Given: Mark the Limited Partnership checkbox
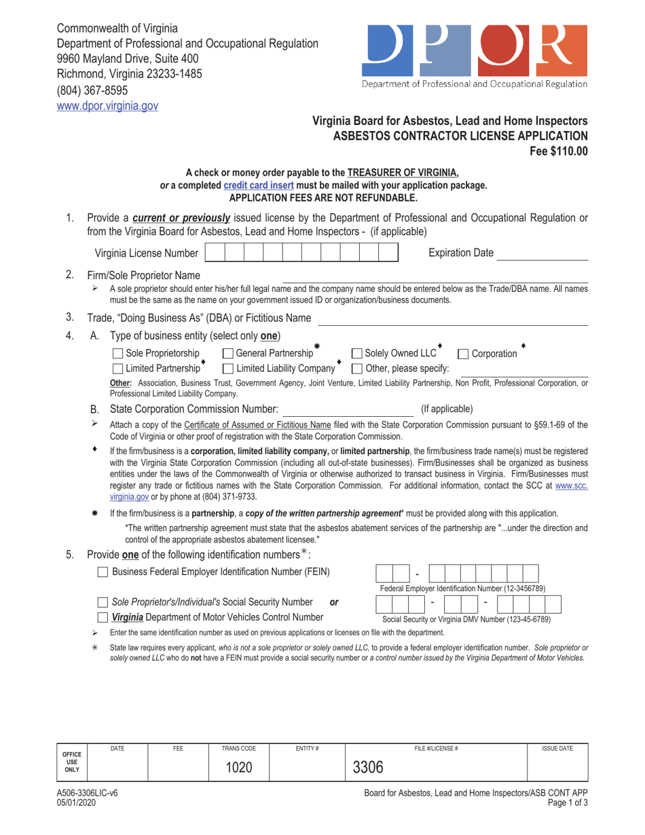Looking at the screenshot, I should pos(117,368).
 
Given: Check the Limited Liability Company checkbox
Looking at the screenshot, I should pos(227,368).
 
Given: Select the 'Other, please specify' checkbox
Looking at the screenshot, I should pos(357,368).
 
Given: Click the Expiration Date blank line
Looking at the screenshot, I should pos(542,253).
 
